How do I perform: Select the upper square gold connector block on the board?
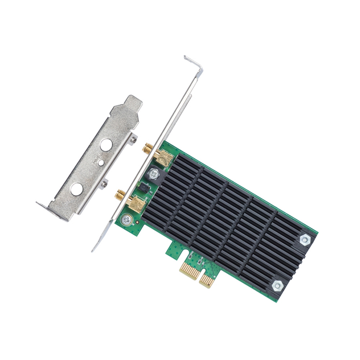(164, 158)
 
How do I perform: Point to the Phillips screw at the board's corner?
(126, 221)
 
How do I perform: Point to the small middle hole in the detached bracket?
(101, 162)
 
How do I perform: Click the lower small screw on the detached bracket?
(104, 184)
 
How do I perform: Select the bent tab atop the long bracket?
(193, 63)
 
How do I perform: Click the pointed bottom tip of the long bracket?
(93, 249)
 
